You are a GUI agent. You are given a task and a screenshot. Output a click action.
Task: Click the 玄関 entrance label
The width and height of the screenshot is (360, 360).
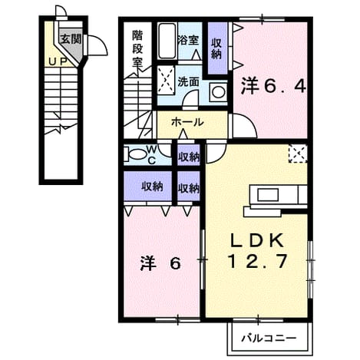point(71,39)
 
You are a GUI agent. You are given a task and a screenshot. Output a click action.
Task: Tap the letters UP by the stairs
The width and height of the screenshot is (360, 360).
point(58,61)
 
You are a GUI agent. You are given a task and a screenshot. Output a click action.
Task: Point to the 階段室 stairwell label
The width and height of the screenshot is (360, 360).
point(137,48)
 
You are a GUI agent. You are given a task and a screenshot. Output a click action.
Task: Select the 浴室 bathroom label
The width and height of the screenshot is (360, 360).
point(188,40)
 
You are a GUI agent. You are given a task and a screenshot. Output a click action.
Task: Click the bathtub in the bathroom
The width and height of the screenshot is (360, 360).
point(167,41)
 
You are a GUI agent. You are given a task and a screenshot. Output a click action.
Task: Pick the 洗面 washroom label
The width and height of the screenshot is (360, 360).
point(188,82)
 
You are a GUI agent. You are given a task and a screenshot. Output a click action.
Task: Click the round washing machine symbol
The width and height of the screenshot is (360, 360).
point(218,92)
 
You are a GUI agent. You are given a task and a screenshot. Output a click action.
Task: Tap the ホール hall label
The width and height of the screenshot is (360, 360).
point(187,122)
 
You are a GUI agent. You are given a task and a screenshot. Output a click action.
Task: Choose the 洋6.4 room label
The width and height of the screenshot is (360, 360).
point(273,87)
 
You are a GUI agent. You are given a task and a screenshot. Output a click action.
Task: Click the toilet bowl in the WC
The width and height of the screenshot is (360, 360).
point(137,154)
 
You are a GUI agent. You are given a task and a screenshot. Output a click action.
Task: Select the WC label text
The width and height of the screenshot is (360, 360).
point(152,154)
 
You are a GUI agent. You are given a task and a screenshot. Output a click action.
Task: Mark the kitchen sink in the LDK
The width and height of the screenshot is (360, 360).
point(268,196)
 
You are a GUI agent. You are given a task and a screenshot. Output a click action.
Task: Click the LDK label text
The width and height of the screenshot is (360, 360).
point(257,240)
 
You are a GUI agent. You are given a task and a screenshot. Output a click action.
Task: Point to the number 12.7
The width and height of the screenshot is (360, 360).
point(257,261)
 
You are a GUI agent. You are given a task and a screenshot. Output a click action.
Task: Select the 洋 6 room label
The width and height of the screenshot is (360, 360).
point(160,263)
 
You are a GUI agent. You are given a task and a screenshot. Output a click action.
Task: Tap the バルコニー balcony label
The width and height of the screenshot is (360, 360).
point(269,339)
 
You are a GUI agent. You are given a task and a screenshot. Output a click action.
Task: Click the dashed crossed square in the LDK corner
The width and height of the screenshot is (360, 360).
point(298,154)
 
